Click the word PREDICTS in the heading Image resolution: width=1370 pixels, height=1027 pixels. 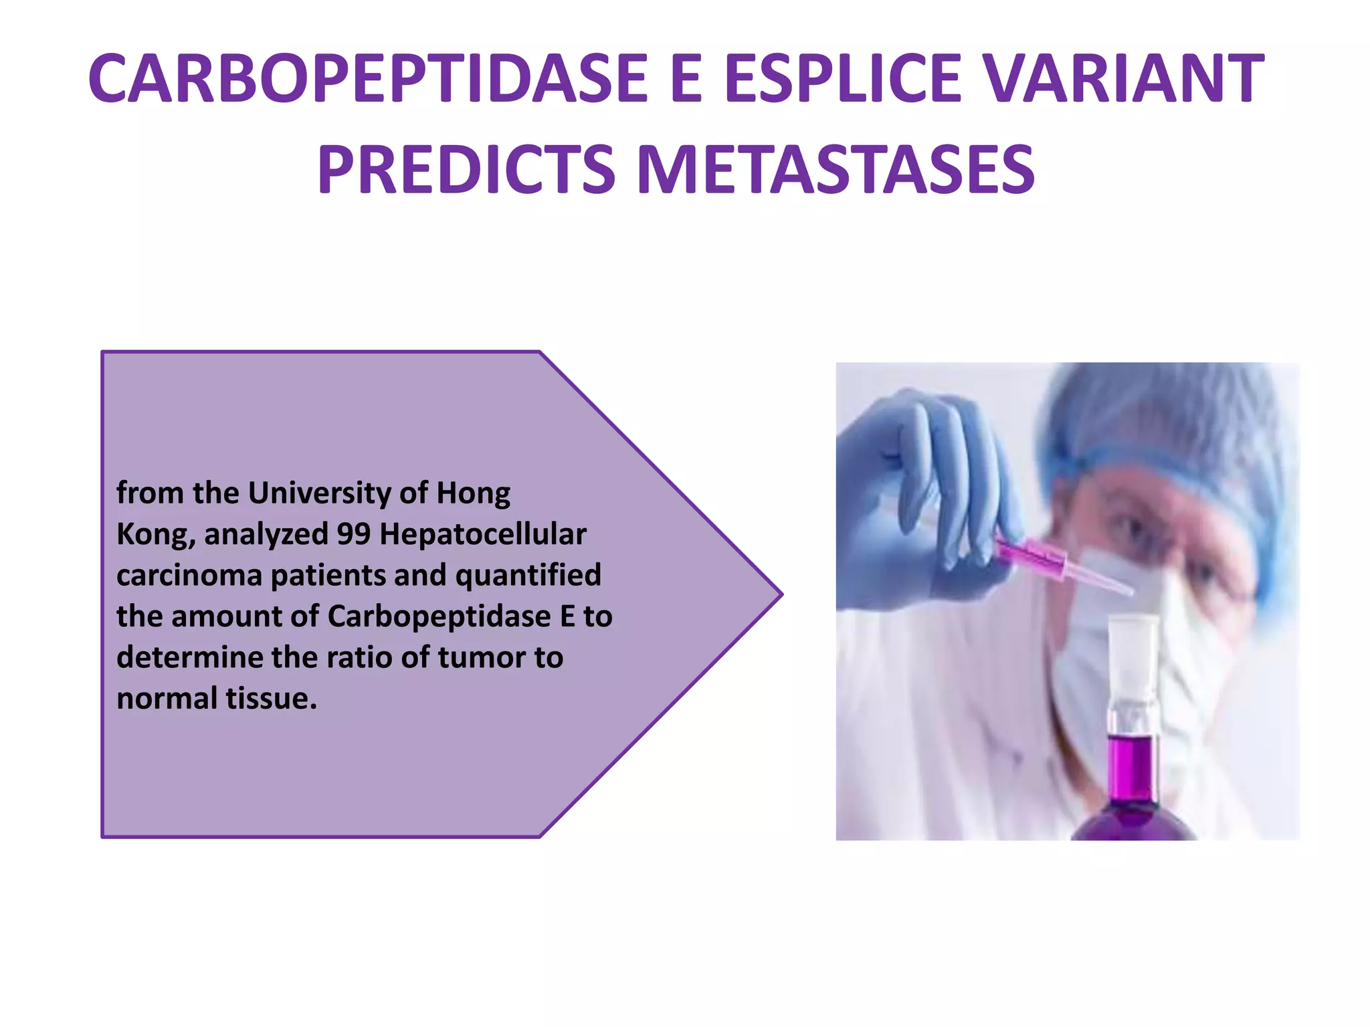click(466, 170)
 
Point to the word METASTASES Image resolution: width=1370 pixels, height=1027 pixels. click(836, 170)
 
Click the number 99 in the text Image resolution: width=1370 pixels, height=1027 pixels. click(353, 534)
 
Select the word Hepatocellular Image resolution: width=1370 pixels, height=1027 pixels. click(482, 534)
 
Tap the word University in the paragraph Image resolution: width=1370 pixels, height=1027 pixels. click(320, 493)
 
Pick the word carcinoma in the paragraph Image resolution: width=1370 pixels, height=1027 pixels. click(189, 576)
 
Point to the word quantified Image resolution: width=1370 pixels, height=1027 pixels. click(528, 576)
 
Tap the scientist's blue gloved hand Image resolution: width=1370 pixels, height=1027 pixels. click(937, 495)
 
